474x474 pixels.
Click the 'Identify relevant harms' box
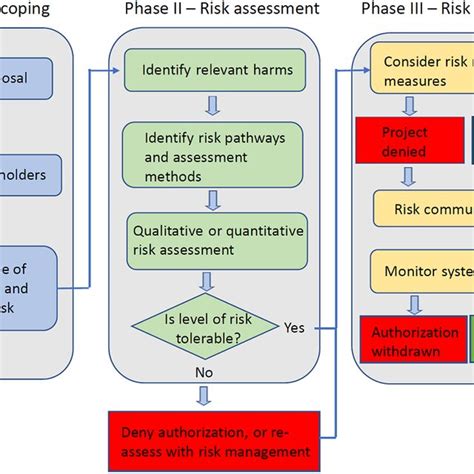coord(205,71)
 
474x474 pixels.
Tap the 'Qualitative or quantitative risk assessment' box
coord(205,241)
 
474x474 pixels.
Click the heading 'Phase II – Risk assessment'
coord(222,9)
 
